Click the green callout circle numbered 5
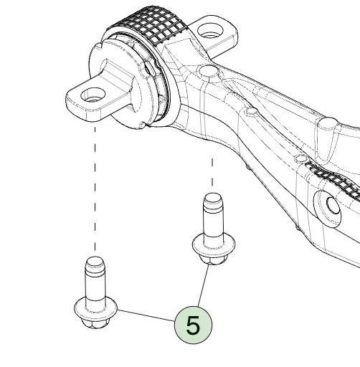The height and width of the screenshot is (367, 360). pyautogui.click(x=193, y=325)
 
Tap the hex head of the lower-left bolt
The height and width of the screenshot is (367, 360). pyautogui.click(x=95, y=323)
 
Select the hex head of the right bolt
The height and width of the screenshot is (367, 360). pyautogui.click(x=214, y=260)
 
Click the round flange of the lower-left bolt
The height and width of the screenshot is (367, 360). pyautogui.click(x=95, y=308)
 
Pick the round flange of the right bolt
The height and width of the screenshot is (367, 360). pyautogui.click(x=214, y=245)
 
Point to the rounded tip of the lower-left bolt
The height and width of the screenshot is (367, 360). pyautogui.click(x=95, y=262)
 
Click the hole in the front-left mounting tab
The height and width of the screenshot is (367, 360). pyautogui.click(x=93, y=95)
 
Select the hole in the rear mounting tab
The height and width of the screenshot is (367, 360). pyautogui.click(x=210, y=31)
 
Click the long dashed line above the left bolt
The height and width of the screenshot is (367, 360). pyautogui.click(x=95, y=189)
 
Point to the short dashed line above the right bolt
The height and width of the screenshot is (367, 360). pyautogui.click(x=212, y=172)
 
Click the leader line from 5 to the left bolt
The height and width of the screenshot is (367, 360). pyautogui.click(x=146, y=315)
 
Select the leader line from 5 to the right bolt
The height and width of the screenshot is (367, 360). pyautogui.click(x=203, y=285)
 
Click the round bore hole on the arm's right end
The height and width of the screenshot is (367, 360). pyautogui.click(x=333, y=205)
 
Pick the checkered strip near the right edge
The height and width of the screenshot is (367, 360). pyautogui.click(x=335, y=179)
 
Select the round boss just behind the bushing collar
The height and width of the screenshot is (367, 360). pyautogui.click(x=209, y=71)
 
